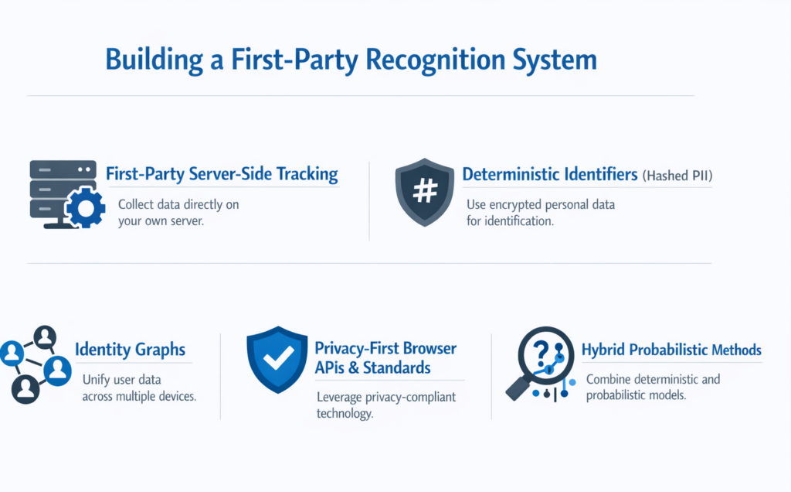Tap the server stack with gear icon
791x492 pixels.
(64, 193)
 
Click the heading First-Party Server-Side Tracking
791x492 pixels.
(222, 173)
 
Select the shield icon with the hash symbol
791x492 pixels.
(424, 193)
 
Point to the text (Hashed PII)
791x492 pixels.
(677, 176)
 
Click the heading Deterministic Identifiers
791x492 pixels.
(549, 174)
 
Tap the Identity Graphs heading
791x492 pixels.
(130, 350)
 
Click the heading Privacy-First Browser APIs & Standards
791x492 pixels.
(385, 357)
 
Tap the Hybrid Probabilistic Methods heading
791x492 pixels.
(671, 350)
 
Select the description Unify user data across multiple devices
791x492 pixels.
(139, 388)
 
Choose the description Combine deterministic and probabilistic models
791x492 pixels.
(653, 388)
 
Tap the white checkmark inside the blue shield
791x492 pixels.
(277, 356)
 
